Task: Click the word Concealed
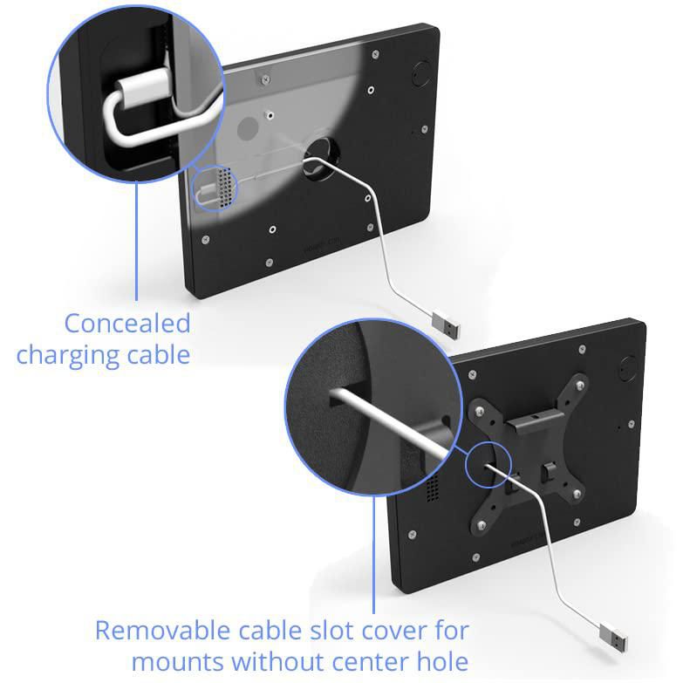[x=127, y=323]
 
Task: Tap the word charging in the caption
[x=67, y=355]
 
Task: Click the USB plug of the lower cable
[x=613, y=639]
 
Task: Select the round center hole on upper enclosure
[x=322, y=159]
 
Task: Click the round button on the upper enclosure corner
[x=420, y=72]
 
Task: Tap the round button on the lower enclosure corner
[x=628, y=368]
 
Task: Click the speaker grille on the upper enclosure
[x=225, y=188]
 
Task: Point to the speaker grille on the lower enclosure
[x=432, y=487]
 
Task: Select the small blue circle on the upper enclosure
[x=215, y=189]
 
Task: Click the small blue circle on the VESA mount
[x=488, y=464]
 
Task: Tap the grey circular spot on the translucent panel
[x=248, y=128]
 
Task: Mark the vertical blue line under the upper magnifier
[x=136, y=241]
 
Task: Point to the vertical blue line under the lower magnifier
[x=373, y=555]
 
